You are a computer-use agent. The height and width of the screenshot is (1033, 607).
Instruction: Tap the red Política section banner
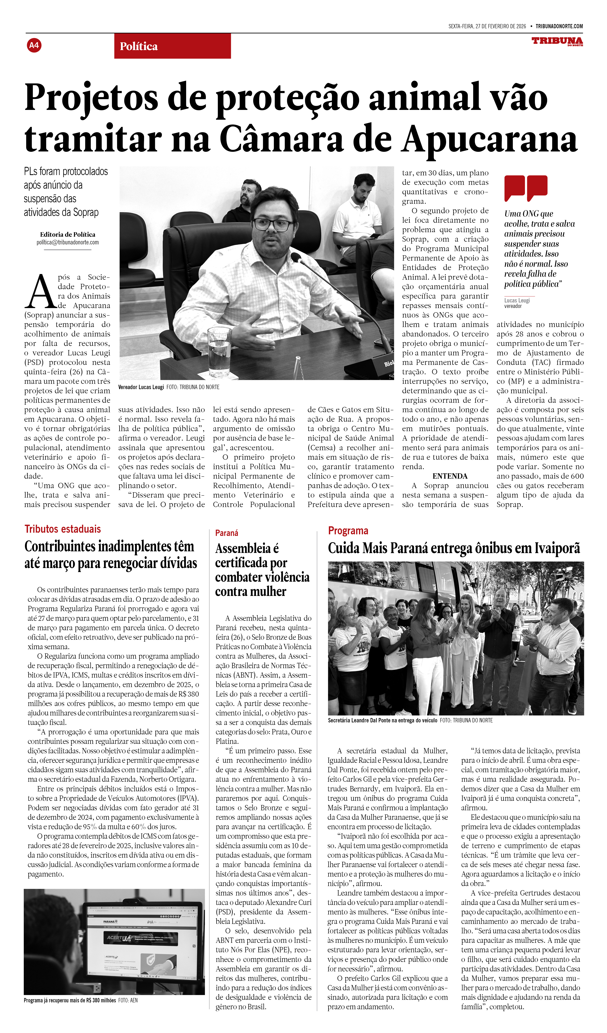[x=172, y=46]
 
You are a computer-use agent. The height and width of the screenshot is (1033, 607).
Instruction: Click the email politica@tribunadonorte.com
[x=68, y=242]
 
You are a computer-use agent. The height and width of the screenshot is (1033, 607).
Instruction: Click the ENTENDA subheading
[x=450, y=476]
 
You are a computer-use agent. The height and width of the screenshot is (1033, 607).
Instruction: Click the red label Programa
[x=348, y=531]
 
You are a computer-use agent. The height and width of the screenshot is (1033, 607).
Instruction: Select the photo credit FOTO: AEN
[x=128, y=1000]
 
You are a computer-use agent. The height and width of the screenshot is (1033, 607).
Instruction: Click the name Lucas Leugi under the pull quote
[x=517, y=301]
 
